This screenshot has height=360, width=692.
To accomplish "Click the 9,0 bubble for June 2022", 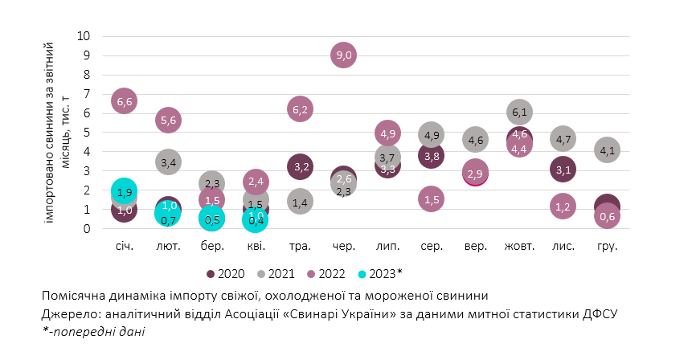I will (x=343, y=55).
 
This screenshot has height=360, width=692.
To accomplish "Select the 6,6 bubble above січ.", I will (x=124, y=101).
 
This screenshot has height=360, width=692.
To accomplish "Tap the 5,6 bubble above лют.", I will (x=169, y=121).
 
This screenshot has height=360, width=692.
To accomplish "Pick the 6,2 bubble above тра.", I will (x=300, y=109).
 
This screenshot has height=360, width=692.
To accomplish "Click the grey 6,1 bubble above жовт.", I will (x=519, y=112).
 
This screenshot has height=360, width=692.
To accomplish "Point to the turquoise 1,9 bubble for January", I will (x=124, y=191).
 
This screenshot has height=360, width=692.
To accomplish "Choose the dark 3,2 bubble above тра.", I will (x=300, y=167).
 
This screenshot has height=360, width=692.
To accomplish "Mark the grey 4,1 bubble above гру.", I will (x=607, y=149).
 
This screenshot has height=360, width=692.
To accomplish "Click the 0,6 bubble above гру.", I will (x=607, y=216).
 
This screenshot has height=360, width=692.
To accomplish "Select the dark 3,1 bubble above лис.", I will (x=563, y=169).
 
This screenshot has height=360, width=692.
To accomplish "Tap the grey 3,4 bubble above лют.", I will (x=169, y=163).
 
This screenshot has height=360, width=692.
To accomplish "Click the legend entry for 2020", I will (x=227, y=272).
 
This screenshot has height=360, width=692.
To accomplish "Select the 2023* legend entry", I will (x=377, y=272).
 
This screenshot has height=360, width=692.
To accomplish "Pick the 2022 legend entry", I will (x=329, y=272).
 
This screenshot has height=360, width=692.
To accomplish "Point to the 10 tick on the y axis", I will (x=84, y=36).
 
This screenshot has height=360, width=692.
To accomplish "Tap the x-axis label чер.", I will (x=343, y=246).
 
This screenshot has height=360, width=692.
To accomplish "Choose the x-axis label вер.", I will (x=475, y=246).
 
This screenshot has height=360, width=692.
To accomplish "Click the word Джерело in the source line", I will (x=67, y=313).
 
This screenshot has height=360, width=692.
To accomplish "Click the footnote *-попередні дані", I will (x=94, y=330).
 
